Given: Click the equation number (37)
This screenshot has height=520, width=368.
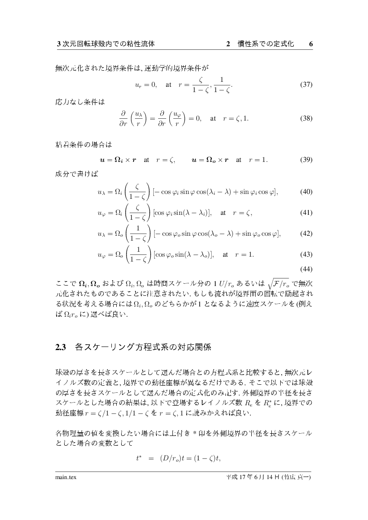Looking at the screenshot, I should (x=306, y=85).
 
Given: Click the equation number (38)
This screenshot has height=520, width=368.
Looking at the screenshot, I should (x=306, y=119).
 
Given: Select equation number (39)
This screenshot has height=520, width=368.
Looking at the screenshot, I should (x=306, y=160).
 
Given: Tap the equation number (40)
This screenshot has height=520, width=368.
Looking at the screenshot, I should (x=306, y=192).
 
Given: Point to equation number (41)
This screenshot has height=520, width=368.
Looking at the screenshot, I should (x=306, y=213).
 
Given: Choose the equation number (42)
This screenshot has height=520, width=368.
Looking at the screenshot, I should (x=306, y=234).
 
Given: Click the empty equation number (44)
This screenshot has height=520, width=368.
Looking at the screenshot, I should (x=306, y=269).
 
